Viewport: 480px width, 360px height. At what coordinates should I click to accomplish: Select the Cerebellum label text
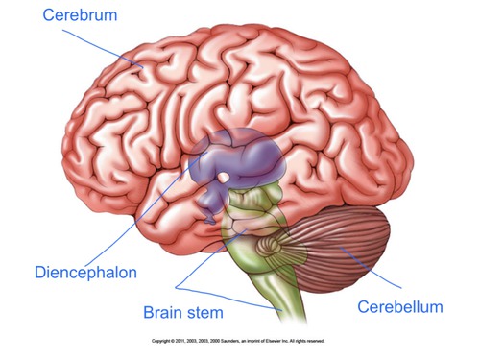coord(400,307)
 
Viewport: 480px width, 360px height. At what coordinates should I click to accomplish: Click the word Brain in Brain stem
coord(163,312)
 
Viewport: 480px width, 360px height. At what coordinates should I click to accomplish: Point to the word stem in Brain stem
coord(205,312)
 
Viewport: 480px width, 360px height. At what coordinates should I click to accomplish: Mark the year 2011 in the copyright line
coord(182,341)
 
